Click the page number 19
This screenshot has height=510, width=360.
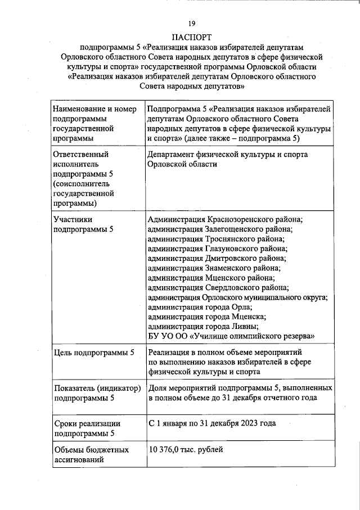coord(191,23)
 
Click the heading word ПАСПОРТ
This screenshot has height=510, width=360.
coord(191,37)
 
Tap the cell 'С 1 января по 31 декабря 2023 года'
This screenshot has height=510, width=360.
coord(212,423)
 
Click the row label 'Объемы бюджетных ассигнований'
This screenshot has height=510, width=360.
coord(91,455)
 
